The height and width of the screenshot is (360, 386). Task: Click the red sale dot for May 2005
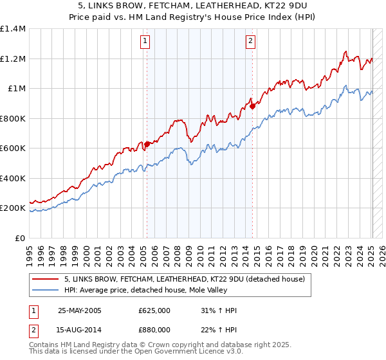click(x=147, y=144)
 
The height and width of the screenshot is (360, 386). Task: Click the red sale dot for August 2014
click(x=253, y=107)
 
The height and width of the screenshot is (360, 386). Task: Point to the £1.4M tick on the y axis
click(x=14, y=29)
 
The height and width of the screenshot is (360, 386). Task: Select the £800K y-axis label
click(x=13, y=118)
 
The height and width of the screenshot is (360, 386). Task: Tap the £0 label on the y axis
click(x=19, y=238)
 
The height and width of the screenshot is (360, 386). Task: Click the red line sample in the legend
click(x=45, y=278)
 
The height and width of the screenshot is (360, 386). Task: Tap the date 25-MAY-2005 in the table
click(x=80, y=310)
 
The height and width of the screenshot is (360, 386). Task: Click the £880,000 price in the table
click(x=154, y=329)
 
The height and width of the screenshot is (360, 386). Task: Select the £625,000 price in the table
click(x=154, y=310)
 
